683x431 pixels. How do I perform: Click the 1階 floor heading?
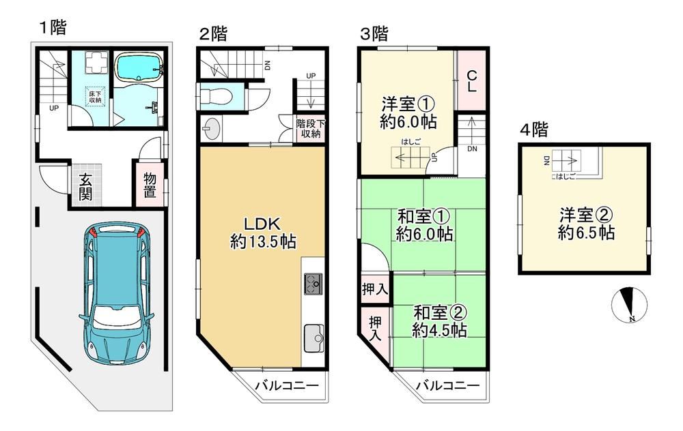tap(53, 28)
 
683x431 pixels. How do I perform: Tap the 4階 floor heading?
tap(534, 129)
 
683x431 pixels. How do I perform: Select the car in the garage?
tap(117, 293)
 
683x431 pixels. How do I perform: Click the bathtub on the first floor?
tap(139, 67)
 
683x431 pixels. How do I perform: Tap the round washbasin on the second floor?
tap(212, 129)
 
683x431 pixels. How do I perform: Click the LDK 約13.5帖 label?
tap(263, 233)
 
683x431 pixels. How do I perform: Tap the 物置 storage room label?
tap(150, 185)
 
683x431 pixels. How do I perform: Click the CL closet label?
tap(471, 81)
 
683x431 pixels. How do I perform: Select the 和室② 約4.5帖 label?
tap(440, 321)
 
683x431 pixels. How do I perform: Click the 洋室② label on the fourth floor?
tap(586, 215)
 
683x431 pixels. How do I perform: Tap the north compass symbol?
tap(629, 305)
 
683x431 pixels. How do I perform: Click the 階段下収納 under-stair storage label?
tap(311, 129)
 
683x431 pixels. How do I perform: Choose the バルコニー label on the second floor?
tap(287, 385)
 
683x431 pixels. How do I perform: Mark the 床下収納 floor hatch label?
tap(95, 97)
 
